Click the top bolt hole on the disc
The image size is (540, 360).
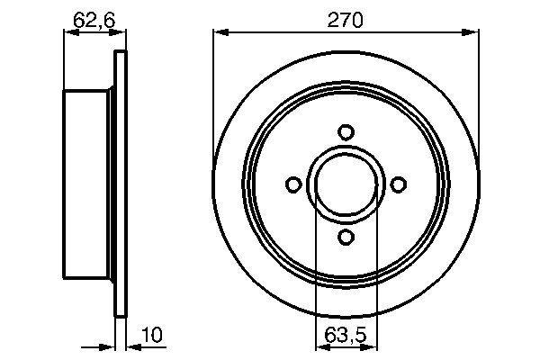[x=346, y=131]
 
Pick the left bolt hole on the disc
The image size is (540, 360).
[x=292, y=184]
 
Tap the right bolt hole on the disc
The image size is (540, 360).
[x=398, y=184]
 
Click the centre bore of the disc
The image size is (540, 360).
[x=346, y=184]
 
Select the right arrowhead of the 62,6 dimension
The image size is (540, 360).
[x=116, y=33]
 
